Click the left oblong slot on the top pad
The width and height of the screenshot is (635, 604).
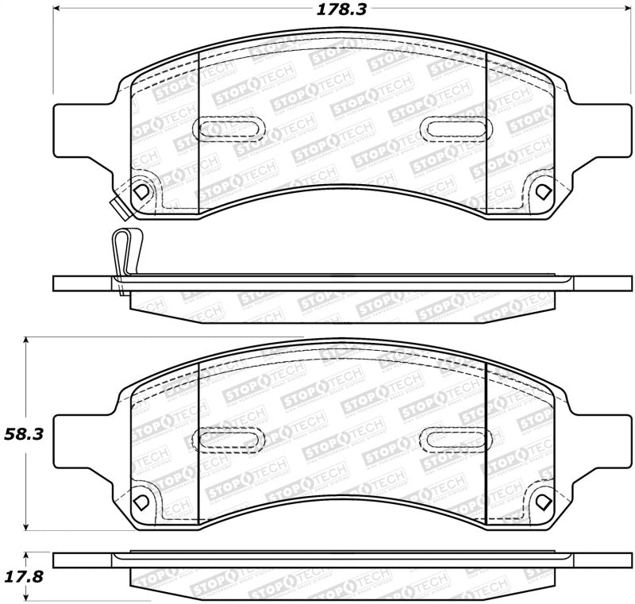coord(227,126)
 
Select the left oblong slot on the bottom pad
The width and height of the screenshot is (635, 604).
coord(227,437)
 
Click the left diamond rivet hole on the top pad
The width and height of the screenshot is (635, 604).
coord(141,191)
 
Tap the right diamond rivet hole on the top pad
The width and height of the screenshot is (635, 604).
coord(542,191)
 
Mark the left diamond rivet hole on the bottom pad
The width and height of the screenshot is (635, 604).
coord(141,502)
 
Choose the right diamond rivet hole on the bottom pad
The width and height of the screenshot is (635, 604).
coord(542,502)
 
